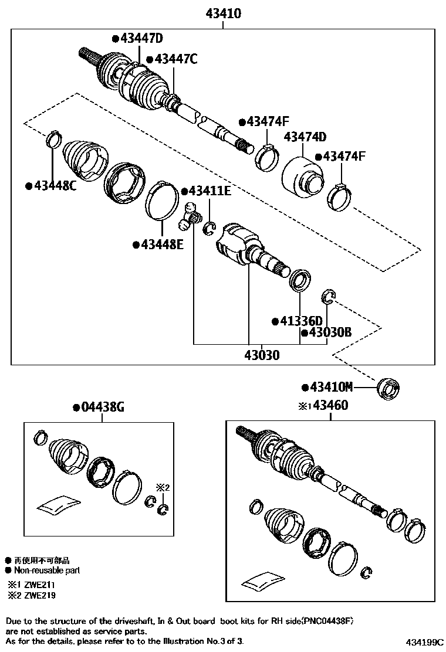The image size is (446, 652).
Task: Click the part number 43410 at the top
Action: pos(223,13)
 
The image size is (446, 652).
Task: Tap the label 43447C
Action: pos(174,59)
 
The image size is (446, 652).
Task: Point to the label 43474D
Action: pos(305,137)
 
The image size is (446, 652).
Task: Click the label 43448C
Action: pos(54,186)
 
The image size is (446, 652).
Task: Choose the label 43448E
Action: pos(161,244)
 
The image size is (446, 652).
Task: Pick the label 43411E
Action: pos(209,191)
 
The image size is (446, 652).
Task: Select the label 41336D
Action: pos(300,321)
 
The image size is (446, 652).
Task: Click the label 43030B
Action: pos(329,332)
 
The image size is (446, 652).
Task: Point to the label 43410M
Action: pos(331,387)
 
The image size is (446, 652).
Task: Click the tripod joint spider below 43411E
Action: pos(188,216)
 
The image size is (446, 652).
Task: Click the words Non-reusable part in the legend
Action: pos(47,570)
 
